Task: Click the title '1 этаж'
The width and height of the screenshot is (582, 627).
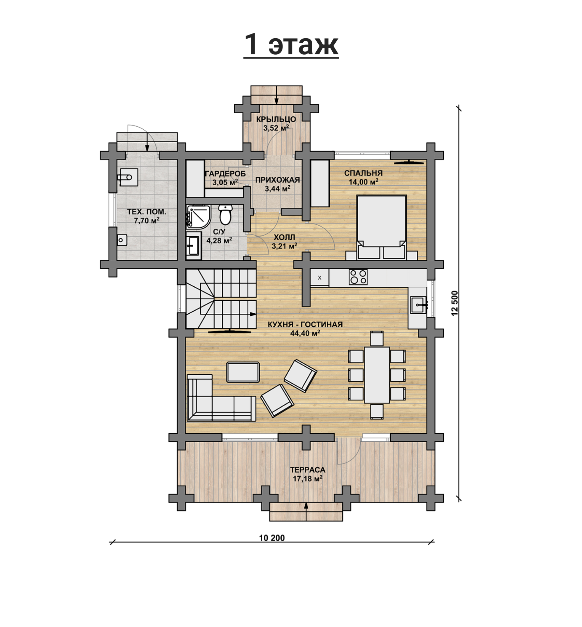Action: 291,44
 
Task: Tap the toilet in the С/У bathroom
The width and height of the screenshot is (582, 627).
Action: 225,214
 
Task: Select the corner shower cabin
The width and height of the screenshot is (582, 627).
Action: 199,217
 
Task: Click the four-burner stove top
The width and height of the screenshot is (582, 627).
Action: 358,277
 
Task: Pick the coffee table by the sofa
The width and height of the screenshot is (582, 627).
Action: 243,372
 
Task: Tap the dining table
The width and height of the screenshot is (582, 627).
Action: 377,375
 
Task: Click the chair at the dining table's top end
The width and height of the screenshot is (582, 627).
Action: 377,338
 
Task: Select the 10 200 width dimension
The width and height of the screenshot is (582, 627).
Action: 272,538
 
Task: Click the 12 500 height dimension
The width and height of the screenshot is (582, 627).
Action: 454,303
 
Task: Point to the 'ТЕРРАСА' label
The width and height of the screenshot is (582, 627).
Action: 308,470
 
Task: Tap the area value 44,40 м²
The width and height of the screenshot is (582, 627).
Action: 305,333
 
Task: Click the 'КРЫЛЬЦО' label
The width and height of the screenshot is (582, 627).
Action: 276,119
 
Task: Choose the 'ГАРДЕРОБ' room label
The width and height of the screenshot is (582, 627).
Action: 225,174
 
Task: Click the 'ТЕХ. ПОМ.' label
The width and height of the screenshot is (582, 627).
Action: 147,212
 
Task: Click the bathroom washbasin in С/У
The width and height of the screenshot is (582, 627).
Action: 194,245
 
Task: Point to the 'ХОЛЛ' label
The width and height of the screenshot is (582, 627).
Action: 284,237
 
